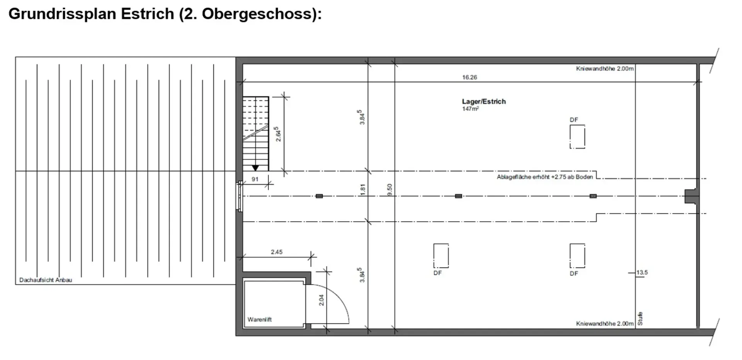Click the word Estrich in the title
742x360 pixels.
[x=148, y=14]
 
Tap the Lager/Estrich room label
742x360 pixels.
[x=484, y=102]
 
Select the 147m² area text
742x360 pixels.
[x=470, y=109]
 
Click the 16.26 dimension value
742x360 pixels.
[x=470, y=77]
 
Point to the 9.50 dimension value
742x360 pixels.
[x=390, y=189]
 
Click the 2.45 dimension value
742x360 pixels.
[x=277, y=252]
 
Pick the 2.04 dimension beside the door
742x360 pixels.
[x=322, y=300]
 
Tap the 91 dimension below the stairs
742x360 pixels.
[x=255, y=179]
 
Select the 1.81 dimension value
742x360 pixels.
[x=362, y=189]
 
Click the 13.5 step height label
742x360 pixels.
[x=642, y=272]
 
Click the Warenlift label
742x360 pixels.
[x=260, y=319]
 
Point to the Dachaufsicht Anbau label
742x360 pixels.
[x=46, y=280]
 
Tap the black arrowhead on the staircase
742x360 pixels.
[x=255, y=168]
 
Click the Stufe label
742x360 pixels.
[x=640, y=319]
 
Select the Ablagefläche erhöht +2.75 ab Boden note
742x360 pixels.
[x=545, y=177]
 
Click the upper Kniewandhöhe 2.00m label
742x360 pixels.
[x=605, y=69]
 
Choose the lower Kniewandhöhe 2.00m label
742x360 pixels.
[x=605, y=324]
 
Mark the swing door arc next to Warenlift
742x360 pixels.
[x=337, y=295]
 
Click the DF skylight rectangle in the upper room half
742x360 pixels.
[x=577, y=137]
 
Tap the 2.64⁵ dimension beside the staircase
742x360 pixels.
[x=278, y=134]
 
